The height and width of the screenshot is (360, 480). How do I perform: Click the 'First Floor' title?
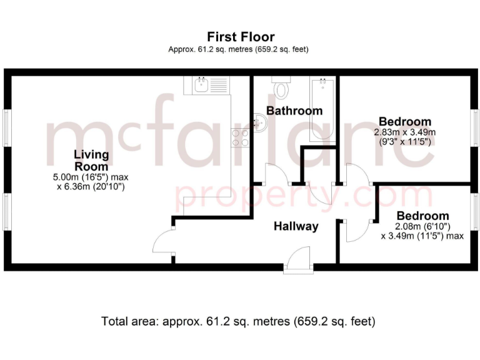point(240,37)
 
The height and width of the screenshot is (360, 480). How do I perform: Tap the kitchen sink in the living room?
point(201,85)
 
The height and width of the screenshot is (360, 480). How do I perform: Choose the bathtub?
point(324,106)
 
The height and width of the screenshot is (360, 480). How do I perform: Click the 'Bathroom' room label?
point(294,111)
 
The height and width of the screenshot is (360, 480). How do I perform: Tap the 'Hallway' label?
point(296,226)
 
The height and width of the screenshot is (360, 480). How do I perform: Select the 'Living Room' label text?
point(91,161)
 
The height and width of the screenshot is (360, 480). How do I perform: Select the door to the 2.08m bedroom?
point(355,231)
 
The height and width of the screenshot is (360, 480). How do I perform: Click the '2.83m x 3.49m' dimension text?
point(404,132)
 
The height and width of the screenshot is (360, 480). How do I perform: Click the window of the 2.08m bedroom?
point(475,212)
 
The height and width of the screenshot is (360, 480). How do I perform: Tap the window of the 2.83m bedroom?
point(475,131)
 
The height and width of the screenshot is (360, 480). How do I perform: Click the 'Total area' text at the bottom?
point(238,322)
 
